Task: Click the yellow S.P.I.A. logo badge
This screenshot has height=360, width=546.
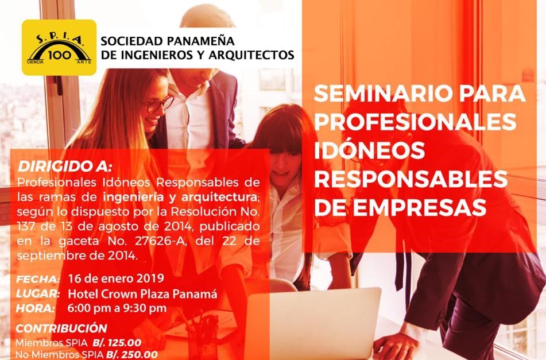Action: point(59,47)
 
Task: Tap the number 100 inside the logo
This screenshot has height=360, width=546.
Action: point(60,55)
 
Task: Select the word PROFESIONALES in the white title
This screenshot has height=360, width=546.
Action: point(416,122)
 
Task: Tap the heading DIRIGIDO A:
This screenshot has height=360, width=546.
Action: point(65,167)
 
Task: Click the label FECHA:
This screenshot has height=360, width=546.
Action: point(38,279)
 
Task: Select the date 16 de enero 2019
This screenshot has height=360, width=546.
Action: point(116,278)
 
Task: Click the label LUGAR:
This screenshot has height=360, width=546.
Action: point(38,293)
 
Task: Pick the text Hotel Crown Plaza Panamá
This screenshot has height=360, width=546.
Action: point(142,294)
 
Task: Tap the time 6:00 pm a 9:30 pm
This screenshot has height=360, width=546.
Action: point(117,308)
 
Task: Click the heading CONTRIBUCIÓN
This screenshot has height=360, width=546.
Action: point(61,328)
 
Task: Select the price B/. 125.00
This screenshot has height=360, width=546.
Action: point(117,343)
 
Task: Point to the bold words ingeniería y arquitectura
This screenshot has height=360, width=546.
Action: point(180,198)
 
